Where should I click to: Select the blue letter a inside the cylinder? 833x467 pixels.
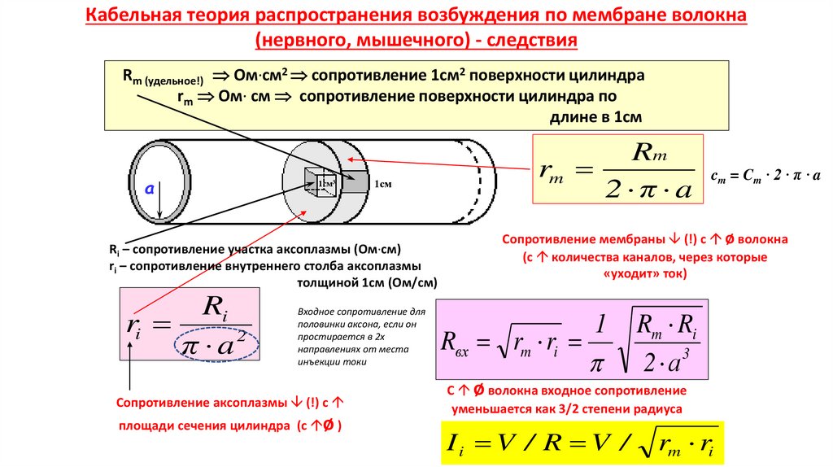pos(149,188)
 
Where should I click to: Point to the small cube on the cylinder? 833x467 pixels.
pos(321,183)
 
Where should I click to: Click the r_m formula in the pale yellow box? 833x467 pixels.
pos(617,169)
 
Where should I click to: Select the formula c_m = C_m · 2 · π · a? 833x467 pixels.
pos(765,175)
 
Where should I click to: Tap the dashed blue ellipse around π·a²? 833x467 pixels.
pos(216,345)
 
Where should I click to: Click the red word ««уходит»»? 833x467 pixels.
pos(630,273)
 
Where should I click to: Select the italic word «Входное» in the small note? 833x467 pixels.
pos(315,312)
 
